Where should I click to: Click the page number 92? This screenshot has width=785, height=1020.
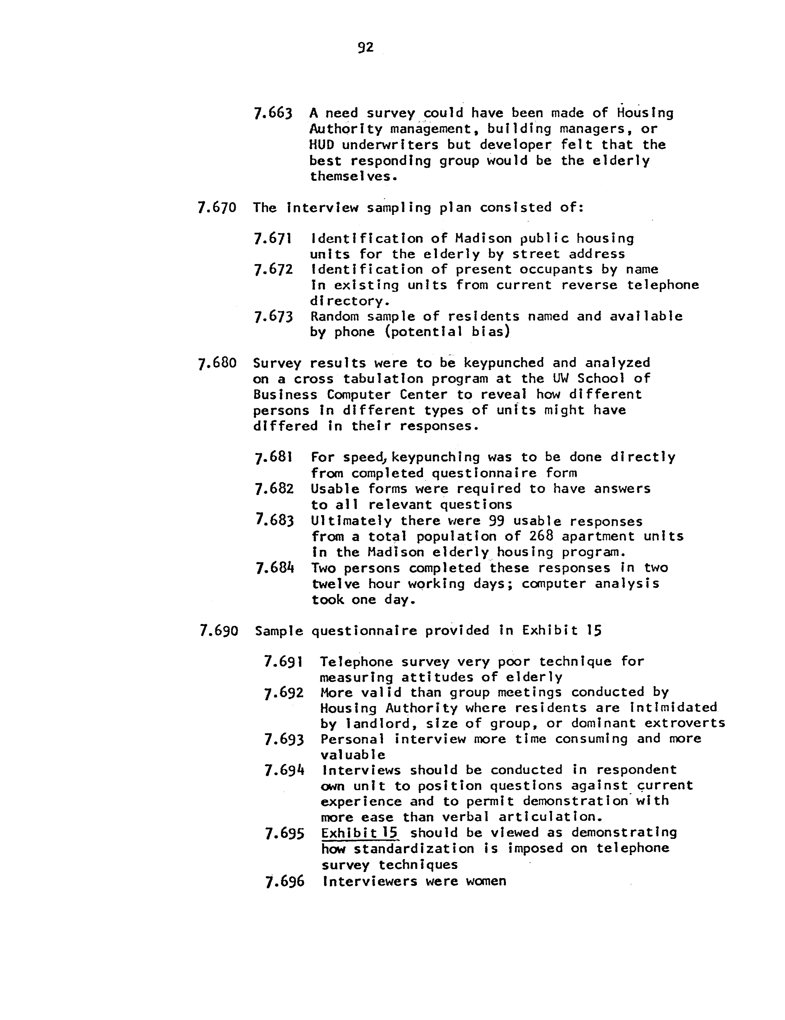(x=365, y=47)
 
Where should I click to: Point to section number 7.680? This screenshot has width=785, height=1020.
(x=217, y=363)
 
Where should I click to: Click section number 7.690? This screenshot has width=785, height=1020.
(x=218, y=631)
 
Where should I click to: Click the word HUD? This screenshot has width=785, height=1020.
(x=321, y=145)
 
